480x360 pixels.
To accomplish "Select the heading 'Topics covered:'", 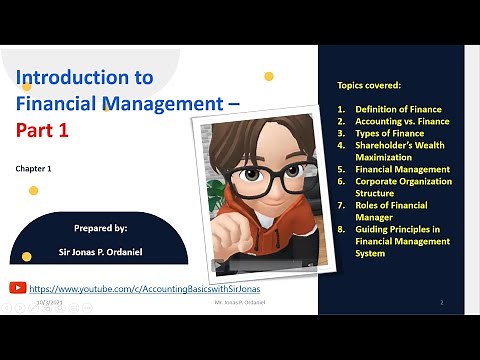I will pyautogui.click(x=371, y=87).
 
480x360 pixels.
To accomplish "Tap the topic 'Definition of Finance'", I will pyautogui.click(x=398, y=109).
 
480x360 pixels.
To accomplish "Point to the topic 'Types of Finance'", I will pyautogui.click(x=389, y=133).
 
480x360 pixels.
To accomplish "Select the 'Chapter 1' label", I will pyautogui.click(x=33, y=169).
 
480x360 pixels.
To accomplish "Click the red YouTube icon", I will pyautogui.click(x=17, y=287).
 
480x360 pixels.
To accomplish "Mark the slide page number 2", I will pyautogui.click(x=441, y=301).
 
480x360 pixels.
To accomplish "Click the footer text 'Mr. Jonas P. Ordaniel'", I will pyautogui.click(x=245, y=301).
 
